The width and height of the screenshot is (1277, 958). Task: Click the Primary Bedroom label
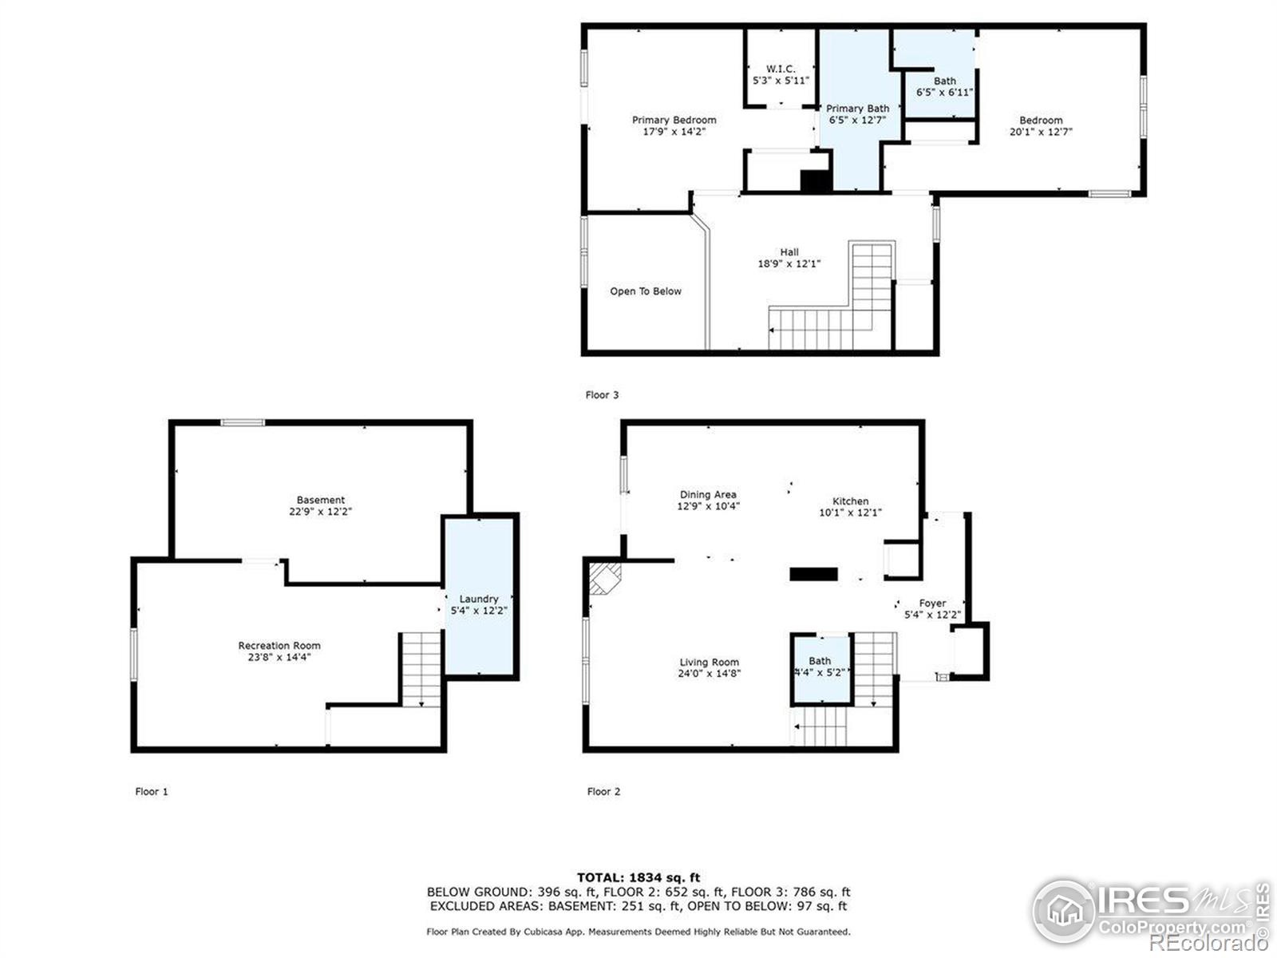point(674,121)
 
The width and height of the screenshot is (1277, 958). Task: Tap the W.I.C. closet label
point(781,69)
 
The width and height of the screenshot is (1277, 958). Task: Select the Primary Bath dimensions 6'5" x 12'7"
point(857,121)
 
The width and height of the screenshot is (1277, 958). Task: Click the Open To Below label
point(646,291)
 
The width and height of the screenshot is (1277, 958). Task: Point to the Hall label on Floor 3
point(789,252)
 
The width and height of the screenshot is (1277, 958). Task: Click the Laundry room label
point(479,599)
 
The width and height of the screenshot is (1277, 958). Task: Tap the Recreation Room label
point(279,646)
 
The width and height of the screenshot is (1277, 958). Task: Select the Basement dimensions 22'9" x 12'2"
point(320,512)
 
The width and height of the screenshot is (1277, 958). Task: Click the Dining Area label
point(708,495)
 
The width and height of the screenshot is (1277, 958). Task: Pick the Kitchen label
point(850,501)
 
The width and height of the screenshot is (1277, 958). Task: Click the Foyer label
point(932,604)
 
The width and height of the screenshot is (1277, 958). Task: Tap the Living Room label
point(709,663)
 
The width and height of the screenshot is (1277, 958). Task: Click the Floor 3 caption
point(602,395)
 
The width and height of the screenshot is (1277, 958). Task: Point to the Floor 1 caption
point(152,792)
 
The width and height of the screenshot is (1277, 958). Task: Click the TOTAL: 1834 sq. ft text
point(638,878)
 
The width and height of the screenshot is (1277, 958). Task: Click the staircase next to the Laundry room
point(421,669)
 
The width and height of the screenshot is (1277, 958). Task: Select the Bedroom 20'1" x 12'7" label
point(1041,126)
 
